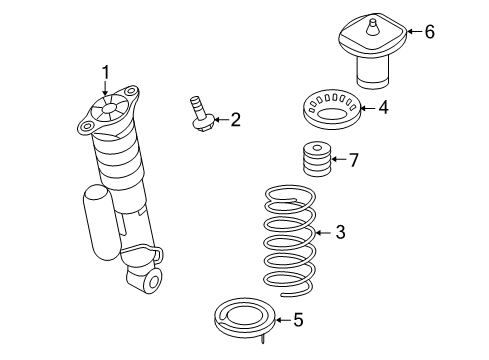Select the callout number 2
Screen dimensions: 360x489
[x=235, y=120]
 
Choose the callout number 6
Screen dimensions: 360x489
[x=429, y=32]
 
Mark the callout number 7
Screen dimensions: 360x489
[x=351, y=159]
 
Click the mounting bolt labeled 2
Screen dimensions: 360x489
[x=202, y=114]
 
